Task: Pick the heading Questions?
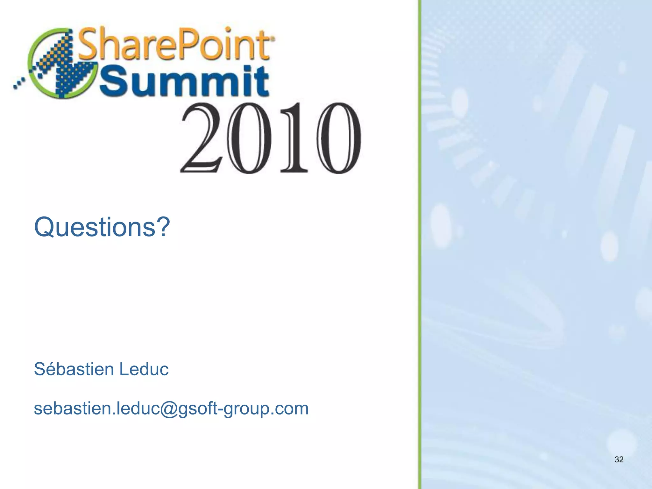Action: coord(102,227)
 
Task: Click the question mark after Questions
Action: coord(163,226)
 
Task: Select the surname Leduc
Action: coord(144,369)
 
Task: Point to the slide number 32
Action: coord(619,459)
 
